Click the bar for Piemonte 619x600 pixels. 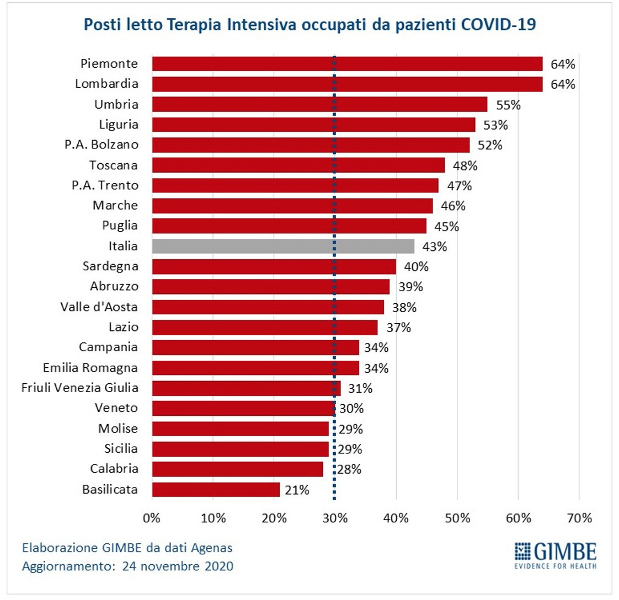(x=347, y=64)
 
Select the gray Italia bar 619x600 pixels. (x=283, y=246)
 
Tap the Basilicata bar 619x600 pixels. (x=216, y=490)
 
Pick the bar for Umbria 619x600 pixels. (x=319, y=104)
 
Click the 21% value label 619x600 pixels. (x=297, y=490)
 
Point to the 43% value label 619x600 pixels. (x=434, y=247)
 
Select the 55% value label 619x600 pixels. (x=508, y=105)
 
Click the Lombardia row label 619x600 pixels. (x=106, y=84)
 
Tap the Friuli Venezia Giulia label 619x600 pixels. (x=80, y=388)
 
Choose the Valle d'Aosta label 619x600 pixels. (x=99, y=307)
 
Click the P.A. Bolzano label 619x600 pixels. (x=102, y=144)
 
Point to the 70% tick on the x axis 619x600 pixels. (x=579, y=518)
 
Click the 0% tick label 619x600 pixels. (x=152, y=518)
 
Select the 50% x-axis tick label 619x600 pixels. (x=457, y=518)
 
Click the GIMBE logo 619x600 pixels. (x=555, y=554)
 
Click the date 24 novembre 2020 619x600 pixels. (x=178, y=566)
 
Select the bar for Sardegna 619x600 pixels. (x=274, y=266)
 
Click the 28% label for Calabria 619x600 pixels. (x=350, y=469)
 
